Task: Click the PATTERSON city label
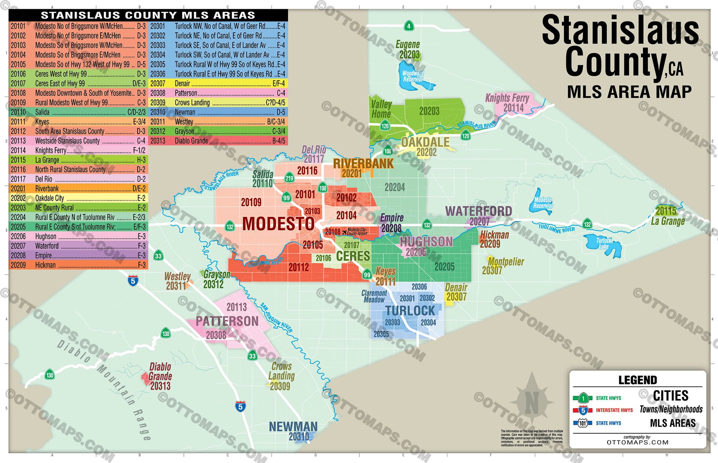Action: [x=227, y=321]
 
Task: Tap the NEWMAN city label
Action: [x=293, y=426]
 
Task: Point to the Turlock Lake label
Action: [x=604, y=243]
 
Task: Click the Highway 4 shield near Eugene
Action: [x=408, y=26]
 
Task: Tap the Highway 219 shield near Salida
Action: [x=289, y=178]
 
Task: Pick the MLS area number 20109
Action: [x=251, y=202]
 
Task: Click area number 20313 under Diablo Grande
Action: [x=160, y=386]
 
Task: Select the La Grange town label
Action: [x=668, y=221]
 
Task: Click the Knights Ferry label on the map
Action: [x=507, y=98]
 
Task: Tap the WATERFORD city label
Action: [x=478, y=211]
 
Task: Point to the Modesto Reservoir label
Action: [x=543, y=203]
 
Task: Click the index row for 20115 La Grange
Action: [x=78, y=160]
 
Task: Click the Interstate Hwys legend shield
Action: [x=583, y=410]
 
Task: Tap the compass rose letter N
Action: [x=531, y=403]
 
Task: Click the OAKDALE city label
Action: [x=425, y=142]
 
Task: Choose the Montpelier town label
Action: [x=505, y=262]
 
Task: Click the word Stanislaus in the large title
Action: [x=620, y=30]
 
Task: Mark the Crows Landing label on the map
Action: [x=281, y=371]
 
